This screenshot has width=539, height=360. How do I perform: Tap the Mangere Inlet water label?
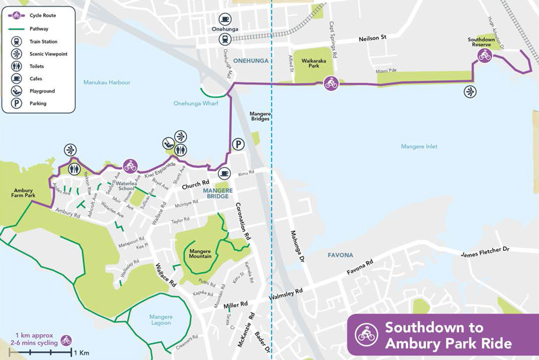click(x=419, y=146)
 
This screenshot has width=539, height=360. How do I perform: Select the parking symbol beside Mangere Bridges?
click(x=237, y=143)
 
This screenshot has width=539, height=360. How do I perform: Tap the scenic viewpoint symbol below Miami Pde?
click(x=471, y=92)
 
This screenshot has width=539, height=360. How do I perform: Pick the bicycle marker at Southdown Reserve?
click(x=484, y=56)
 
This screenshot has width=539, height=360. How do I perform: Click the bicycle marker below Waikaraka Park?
click(x=331, y=84)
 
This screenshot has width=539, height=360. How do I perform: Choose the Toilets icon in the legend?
click(x=17, y=66)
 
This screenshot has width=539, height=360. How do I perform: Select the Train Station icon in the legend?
click(x=17, y=41)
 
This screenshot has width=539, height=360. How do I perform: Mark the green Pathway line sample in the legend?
click(x=17, y=29)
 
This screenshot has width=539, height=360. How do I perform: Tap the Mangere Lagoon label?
click(x=161, y=320)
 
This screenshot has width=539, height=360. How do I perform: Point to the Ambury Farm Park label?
click(x=25, y=193)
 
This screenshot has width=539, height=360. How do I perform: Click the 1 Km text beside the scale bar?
click(x=81, y=353)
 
